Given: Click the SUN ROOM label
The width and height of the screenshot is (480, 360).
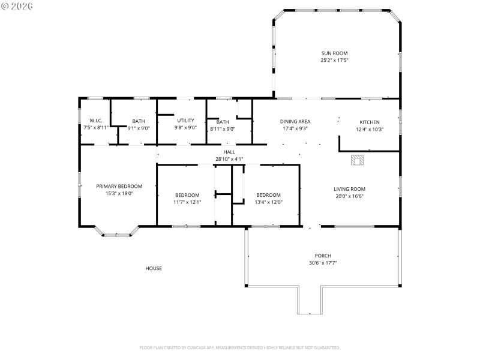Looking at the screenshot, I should pos(334,53).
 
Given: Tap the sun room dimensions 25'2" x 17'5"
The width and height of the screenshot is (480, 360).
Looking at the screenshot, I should pos(334,60).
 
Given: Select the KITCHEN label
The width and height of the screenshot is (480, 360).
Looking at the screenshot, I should pos(369,122).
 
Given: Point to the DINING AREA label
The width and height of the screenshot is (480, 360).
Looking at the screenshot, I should pos(295,121).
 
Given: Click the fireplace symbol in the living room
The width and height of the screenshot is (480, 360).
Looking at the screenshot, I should pos(358,160).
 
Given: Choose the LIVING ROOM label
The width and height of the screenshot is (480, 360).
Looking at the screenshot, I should pos(349,189).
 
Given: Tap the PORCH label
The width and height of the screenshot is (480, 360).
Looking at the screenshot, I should pos(323,256).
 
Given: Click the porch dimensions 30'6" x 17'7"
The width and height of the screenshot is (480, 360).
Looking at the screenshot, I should pos(323,263).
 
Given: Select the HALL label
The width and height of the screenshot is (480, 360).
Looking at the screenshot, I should pos(230,152).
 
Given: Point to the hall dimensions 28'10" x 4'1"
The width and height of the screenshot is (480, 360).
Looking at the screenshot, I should pos(230,159).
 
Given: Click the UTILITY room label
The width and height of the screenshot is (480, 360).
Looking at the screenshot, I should pos(185,120).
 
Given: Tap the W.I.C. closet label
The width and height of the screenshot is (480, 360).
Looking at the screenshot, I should pos(96,121).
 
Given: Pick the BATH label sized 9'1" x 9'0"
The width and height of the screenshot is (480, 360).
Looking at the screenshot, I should pos(139,121).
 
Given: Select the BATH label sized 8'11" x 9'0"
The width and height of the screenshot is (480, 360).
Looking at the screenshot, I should pos(223,121).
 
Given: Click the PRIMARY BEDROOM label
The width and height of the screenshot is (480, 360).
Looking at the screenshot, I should pos(119,186).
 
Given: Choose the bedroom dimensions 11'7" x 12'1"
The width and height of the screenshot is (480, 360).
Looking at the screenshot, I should pos(187,202).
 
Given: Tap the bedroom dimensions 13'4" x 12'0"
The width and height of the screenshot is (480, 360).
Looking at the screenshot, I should pos(268,202).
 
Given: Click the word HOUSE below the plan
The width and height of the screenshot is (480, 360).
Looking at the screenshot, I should pos(154,268).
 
